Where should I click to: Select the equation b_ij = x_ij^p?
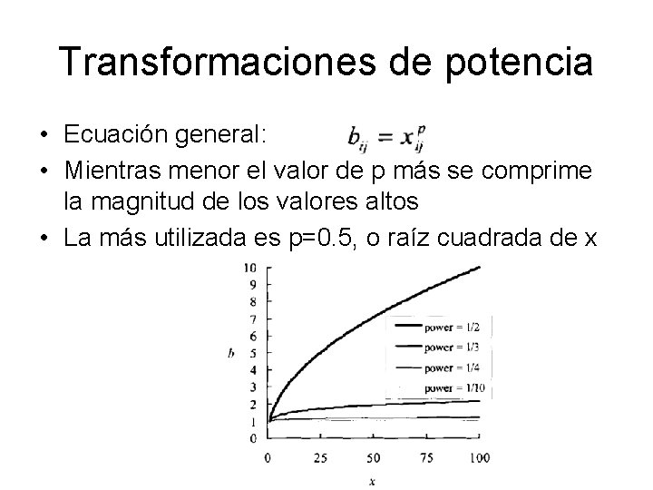coord(385,139)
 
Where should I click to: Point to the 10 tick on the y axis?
coord(251,268)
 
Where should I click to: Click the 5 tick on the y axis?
coord(254,353)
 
